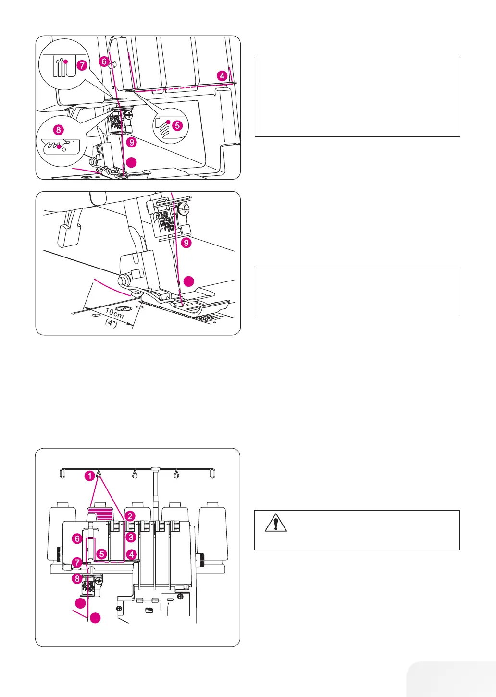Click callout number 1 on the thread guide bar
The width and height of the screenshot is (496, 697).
89,476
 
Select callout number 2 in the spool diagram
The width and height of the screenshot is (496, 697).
130,516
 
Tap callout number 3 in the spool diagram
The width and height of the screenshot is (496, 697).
130,538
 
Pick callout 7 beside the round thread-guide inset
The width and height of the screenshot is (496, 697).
82,65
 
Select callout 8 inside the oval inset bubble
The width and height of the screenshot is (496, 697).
58,129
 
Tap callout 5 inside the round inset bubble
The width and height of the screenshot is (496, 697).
177,125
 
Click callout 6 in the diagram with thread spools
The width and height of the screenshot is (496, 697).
77,538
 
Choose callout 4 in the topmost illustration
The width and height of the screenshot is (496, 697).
222,75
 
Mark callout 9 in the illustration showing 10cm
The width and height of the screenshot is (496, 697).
186,243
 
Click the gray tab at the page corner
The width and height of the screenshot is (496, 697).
452,680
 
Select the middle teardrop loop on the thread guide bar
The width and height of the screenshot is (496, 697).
135,473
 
